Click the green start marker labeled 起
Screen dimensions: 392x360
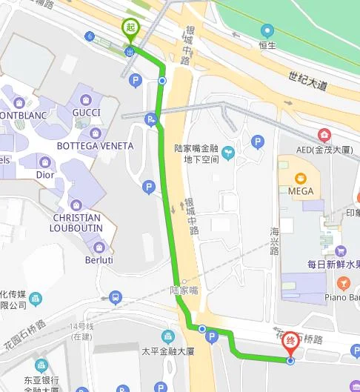point(130,28)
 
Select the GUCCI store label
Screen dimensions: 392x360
point(87,113)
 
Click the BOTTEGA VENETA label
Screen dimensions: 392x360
point(95,146)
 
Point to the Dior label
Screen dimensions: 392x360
point(45,176)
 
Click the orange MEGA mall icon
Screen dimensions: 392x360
point(300,178)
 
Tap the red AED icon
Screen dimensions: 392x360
point(324,135)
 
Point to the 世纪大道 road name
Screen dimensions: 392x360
point(307,82)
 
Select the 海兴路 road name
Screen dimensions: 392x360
point(275,242)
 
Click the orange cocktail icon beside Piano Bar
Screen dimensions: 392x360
point(344,283)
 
